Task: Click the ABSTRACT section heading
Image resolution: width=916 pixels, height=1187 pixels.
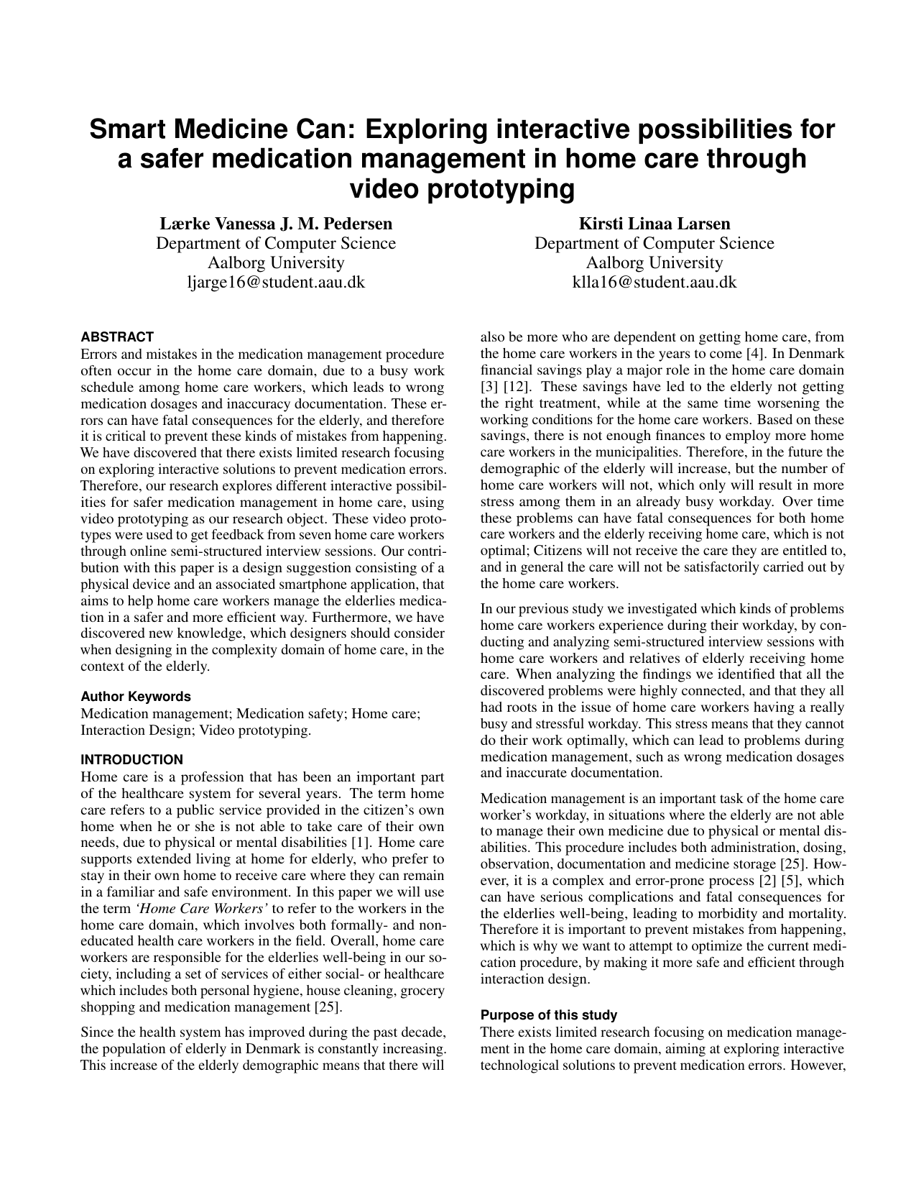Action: [x=117, y=336]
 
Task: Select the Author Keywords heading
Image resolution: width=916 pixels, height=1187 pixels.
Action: [x=136, y=696]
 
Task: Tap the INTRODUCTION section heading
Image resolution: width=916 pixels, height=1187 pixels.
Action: [x=132, y=759]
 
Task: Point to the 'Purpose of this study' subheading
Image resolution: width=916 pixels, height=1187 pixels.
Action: [x=549, y=1015]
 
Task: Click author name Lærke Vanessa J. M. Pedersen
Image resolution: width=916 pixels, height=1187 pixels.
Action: [x=276, y=224]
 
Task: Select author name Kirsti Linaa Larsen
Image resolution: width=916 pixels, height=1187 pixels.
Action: [x=654, y=224]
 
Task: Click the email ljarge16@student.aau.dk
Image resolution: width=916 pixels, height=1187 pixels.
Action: [x=276, y=282]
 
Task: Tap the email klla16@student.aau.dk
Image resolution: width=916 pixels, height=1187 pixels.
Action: [x=654, y=282]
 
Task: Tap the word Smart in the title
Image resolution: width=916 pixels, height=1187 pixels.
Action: [x=126, y=130]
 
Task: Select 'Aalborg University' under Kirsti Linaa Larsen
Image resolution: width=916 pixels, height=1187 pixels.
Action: [x=654, y=262]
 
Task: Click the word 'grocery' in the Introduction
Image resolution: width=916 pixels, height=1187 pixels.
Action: [x=422, y=990]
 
